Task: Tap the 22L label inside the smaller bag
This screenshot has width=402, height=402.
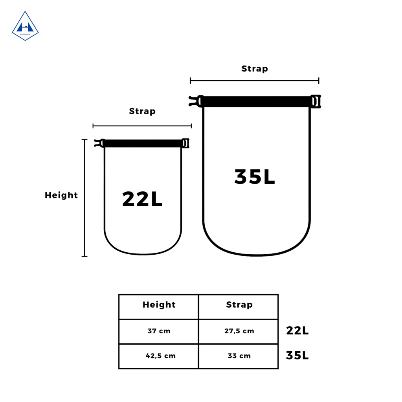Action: pyautogui.click(x=142, y=199)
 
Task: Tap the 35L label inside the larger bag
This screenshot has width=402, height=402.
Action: pyautogui.click(x=255, y=177)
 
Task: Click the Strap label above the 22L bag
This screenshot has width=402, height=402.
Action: pyautogui.click(x=142, y=111)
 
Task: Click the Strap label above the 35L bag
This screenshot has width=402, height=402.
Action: pyautogui.click(x=255, y=68)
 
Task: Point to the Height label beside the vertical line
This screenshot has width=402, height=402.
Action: pyautogui.click(x=61, y=195)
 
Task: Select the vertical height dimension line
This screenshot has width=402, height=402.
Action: pyautogui.click(x=84, y=198)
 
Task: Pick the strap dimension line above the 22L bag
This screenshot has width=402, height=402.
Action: pyautogui.click(x=142, y=126)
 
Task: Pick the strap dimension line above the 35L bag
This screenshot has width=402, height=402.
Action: pyautogui.click(x=255, y=81)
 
